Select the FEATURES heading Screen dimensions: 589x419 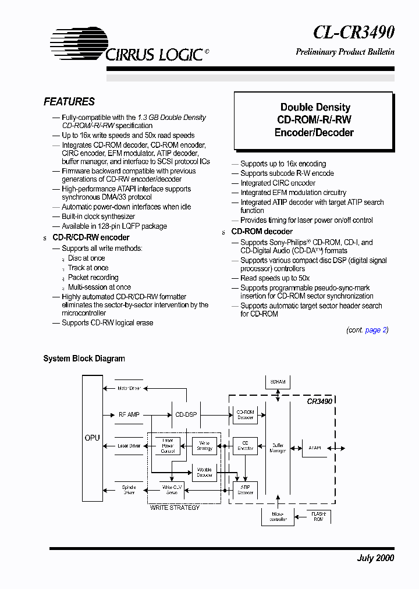pyautogui.click(x=69, y=102)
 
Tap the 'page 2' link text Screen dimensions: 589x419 pyautogui.click(x=373, y=330)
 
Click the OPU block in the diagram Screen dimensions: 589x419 pyautogui.click(x=92, y=438)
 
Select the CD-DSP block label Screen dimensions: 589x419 pyautogui.click(x=186, y=415)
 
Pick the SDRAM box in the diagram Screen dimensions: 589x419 pyautogui.click(x=278, y=382)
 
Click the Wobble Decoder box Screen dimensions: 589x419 pyautogui.click(x=204, y=471)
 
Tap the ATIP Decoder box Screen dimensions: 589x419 pyautogui.click(x=245, y=489)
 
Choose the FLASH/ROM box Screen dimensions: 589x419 pyautogui.click(x=318, y=516)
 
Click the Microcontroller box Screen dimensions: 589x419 pyautogui.click(x=278, y=516)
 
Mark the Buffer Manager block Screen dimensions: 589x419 pyautogui.click(x=278, y=447)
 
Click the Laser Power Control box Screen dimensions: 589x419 pyautogui.click(x=168, y=446)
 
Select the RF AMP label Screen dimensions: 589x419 pyautogui.click(x=129, y=415)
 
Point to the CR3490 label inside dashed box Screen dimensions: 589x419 pyautogui.click(x=319, y=401)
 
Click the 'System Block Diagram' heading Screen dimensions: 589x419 pyautogui.click(x=84, y=359)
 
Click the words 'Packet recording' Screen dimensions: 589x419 pyautogui.click(x=93, y=278)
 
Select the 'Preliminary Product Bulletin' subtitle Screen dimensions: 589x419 pyautogui.click(x=345, y=52)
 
